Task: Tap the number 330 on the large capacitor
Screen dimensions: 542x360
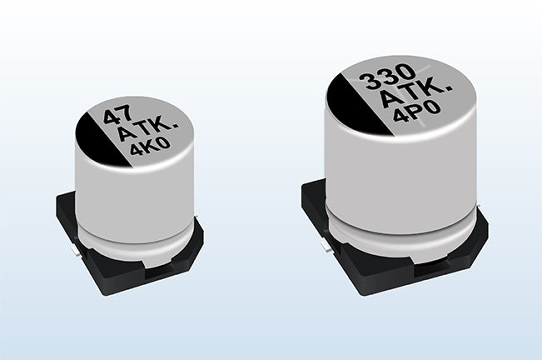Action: coord(387,78)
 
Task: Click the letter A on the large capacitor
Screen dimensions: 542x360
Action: coord(390,98)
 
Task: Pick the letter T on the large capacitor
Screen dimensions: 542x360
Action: coord(413,92)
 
